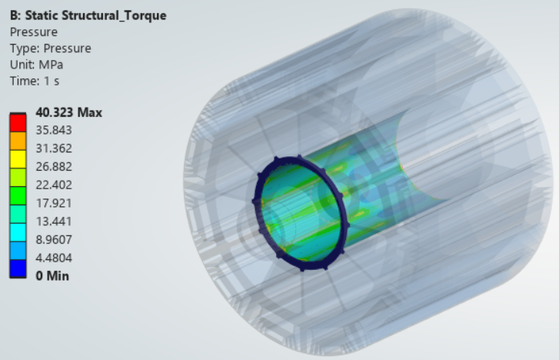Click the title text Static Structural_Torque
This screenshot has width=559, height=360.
pyautogui.click(x=95, y=15)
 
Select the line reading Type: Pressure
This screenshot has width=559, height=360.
pyautogui.click(x=50, y=48)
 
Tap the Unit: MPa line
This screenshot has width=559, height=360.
pyautogui.click(x=36, y=65)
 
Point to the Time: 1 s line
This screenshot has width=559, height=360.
pyautogui.click(x=35, y=81)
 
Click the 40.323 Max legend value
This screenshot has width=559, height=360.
pyautogui.click(x=68, y=113)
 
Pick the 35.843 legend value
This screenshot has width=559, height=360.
pyautogui.click(x=54, y=130)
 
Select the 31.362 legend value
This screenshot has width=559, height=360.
pyautogui.click(x=54, y=148)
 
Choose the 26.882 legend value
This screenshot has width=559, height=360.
pyautogui.click(x=54, y=167)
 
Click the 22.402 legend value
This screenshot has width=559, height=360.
pyautogui.click(x=54, y=185)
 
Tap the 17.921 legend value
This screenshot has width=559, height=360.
pyautogui.click(x=54, y=203)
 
